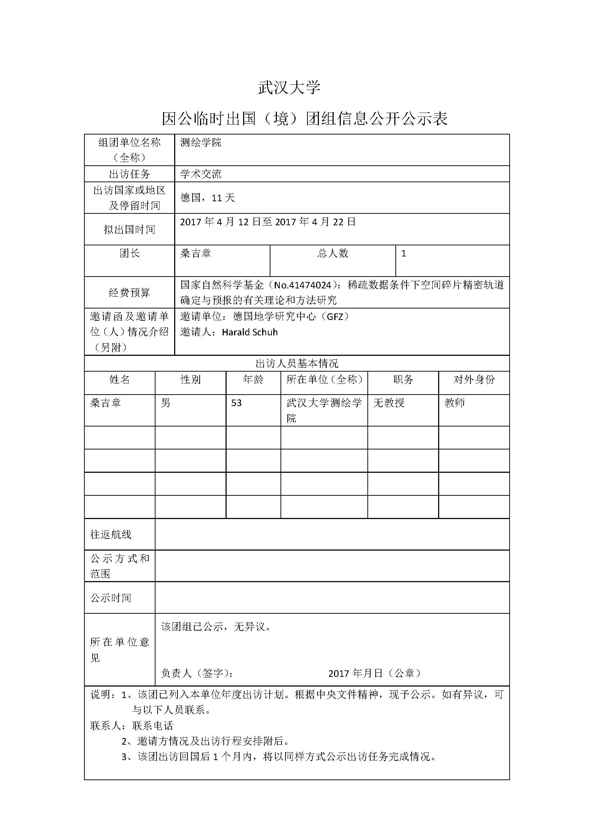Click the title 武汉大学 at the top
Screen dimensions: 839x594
tap(289, 88)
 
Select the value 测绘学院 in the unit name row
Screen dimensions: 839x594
tap(201, 142)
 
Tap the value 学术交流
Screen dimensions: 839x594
tap(201, 174)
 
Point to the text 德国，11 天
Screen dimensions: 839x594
tap(207, 198)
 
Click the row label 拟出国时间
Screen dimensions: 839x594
tap(130, 230)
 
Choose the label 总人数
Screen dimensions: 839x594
tap(333, 253)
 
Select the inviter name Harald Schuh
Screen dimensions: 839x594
tap(250, 332)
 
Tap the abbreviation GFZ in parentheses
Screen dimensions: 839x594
tap(335, 316)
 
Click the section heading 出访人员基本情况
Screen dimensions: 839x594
tap(297, 364)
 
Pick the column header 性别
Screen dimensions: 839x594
tap(191, 380)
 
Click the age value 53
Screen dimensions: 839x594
tap(236, 403)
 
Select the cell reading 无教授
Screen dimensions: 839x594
tap(389, 403)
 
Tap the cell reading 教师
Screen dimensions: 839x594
tap(455, 403)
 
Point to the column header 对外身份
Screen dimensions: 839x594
tap(474, 380)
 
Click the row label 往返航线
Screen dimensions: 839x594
tap(111, 534)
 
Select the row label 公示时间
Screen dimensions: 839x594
tap(111, 598)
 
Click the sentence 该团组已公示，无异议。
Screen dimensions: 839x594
tap(217, 627)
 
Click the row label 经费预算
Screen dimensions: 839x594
tap(130, 292)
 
